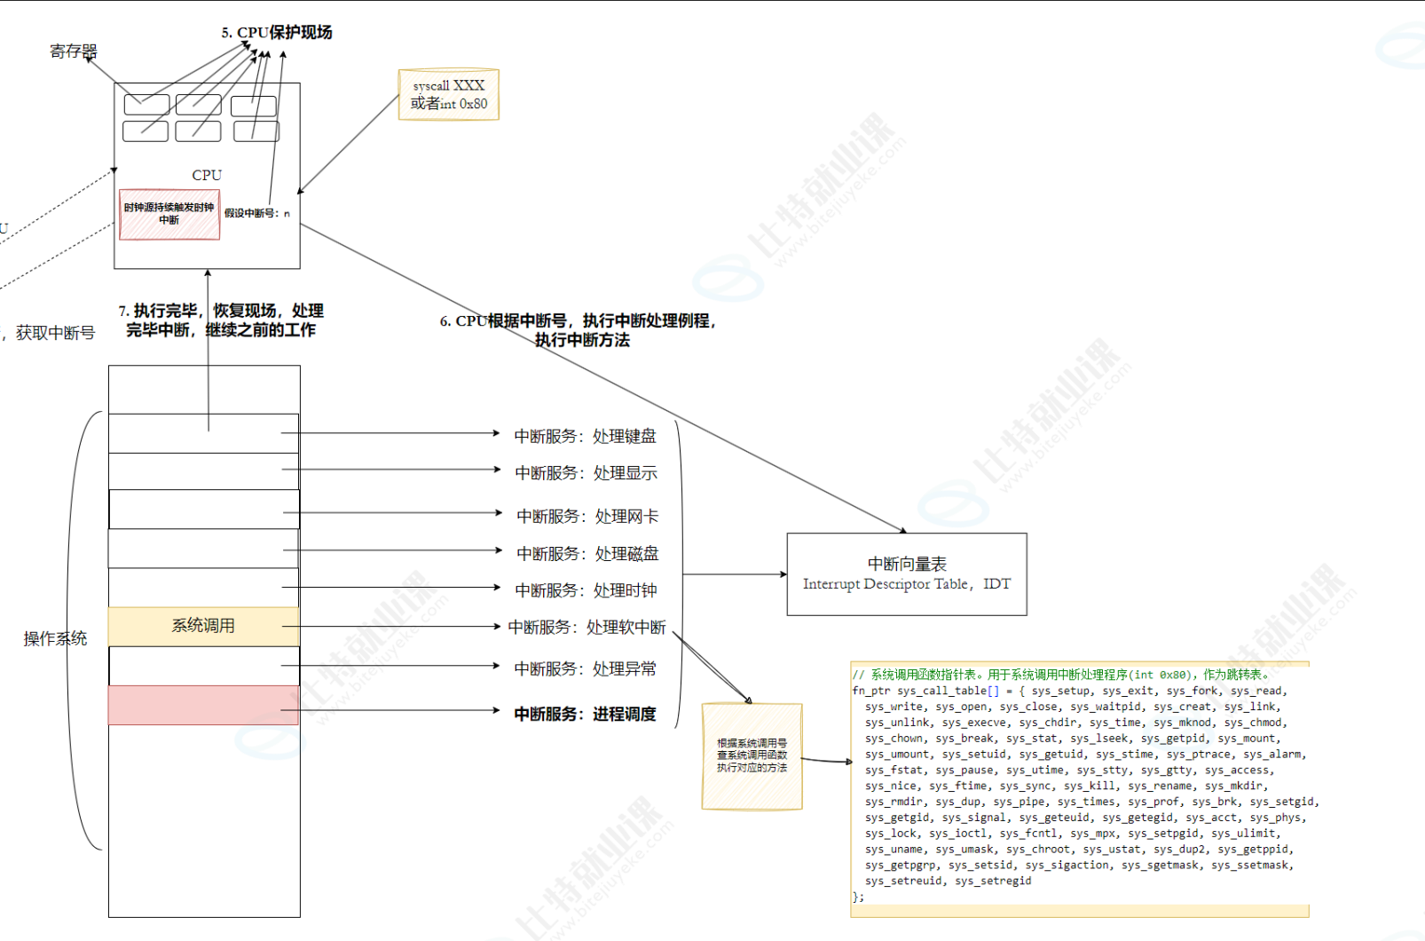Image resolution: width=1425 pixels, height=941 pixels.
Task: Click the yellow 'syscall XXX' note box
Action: click(449, 95)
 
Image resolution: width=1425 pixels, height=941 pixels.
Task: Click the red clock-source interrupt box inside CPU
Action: click(169, 214)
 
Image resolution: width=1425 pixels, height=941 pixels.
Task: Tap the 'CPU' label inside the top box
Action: click(207, 175)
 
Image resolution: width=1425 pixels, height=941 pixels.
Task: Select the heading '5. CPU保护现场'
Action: click(277, 32)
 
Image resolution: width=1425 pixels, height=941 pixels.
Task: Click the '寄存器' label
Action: click(73, 51)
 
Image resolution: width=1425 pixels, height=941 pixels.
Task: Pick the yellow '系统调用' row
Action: click(203, 626)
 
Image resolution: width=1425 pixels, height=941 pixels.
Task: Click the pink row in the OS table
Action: click(203, 705)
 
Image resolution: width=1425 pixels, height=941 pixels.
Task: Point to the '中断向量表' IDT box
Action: click(907, 573)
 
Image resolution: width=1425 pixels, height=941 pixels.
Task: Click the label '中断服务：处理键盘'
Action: click(586, 436)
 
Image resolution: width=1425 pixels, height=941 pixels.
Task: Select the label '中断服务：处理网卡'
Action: click(587, 516)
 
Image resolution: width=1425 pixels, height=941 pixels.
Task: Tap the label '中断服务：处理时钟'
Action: click(586, 590)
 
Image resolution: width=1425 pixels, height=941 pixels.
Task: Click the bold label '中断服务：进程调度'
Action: click(586, 714)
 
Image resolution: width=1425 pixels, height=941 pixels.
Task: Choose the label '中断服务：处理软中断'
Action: click(587, 628)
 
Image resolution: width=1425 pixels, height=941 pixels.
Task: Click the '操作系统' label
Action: click(55, 638)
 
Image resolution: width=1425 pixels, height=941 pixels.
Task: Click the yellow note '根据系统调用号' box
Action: click(752, 755)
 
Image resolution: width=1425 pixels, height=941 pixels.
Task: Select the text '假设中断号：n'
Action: click(256, 213)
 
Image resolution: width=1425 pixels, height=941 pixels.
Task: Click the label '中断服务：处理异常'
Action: click(586, 668)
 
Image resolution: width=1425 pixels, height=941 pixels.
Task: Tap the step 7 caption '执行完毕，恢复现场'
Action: click(221, 320)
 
